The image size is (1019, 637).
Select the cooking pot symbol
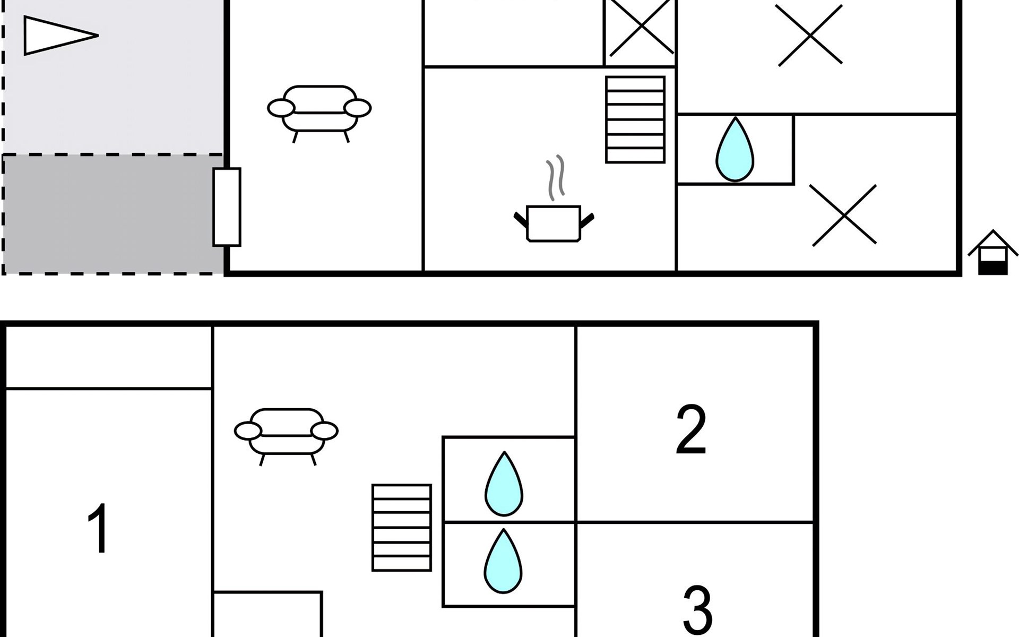(554, 223)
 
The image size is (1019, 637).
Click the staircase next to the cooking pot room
(635, 119)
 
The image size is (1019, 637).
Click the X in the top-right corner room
(810, 35)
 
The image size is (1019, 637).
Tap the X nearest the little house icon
(844, 215)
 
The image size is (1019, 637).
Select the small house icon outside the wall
(993, 252)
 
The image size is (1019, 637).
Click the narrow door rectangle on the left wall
(227, 207)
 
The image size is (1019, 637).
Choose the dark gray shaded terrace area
(113, 214)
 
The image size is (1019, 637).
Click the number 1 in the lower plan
(99, 528)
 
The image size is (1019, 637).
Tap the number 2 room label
(691, 429)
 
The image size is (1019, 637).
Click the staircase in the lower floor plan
(402, 528)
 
